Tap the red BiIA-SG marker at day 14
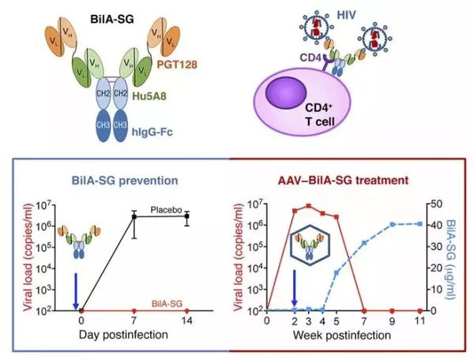tap(186, 309)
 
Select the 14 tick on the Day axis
tap(186, 321)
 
